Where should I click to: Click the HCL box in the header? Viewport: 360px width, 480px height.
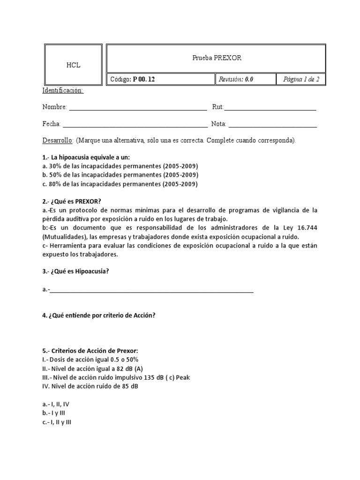point(73,65)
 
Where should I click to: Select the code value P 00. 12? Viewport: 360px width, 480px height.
point(144,79)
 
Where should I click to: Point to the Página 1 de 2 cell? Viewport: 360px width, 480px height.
point(301,79)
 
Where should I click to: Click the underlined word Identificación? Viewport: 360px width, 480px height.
point(63,90)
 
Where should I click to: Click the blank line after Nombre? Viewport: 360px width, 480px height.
point(138,108)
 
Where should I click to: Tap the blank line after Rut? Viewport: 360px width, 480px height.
point(270,108)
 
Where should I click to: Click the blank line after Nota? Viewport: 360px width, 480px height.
point(273,125)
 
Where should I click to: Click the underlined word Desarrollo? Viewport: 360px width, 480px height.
point(57,141)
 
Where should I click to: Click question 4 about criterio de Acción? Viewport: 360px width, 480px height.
point(98,315)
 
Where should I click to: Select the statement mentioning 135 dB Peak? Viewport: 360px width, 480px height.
point(116,377)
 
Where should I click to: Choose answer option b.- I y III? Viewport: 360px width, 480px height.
point(55,413)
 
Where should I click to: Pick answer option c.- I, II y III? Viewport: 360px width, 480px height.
point(57,422)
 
